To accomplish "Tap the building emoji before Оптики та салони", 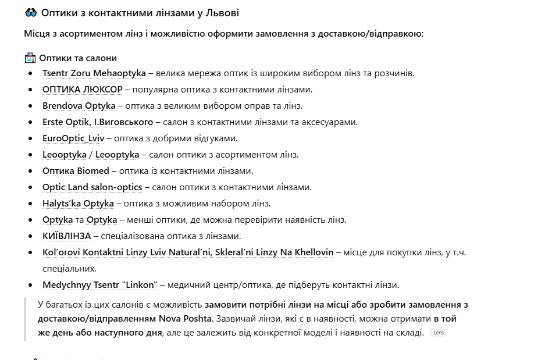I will [30, 58].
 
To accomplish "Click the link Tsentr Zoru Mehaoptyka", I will [94, 73].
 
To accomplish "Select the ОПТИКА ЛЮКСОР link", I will [82, 90].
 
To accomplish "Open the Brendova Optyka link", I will [79, 106].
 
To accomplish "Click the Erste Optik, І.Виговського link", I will [98, 122].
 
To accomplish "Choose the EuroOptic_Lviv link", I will [73, 138].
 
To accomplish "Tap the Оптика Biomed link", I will [76, 171].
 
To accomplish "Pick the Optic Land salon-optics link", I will [92, 187].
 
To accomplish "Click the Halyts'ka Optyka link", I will [78, 204].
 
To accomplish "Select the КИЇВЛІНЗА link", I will [67, 236].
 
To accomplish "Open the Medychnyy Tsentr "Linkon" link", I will [99, 285].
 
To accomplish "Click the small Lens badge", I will [439, 333].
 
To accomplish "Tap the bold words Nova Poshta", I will [186, 319].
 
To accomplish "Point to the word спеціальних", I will [69, 269].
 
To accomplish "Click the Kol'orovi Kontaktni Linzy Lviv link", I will [188, 252].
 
